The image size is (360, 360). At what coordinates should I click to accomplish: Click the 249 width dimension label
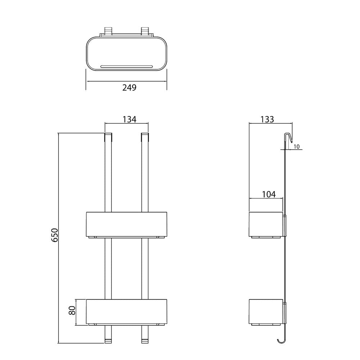point(129,87)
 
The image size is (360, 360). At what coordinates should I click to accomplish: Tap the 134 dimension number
point(129,120)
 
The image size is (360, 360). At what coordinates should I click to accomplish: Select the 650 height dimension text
point(55,235)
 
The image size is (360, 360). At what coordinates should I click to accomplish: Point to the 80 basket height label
point(72,311)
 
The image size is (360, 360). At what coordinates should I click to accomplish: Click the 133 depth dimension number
point(267,120)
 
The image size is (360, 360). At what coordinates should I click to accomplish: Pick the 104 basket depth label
point(269,194)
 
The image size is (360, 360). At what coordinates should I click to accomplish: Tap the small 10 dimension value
point(296,147)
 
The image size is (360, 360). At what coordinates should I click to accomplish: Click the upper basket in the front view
point(126,224)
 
